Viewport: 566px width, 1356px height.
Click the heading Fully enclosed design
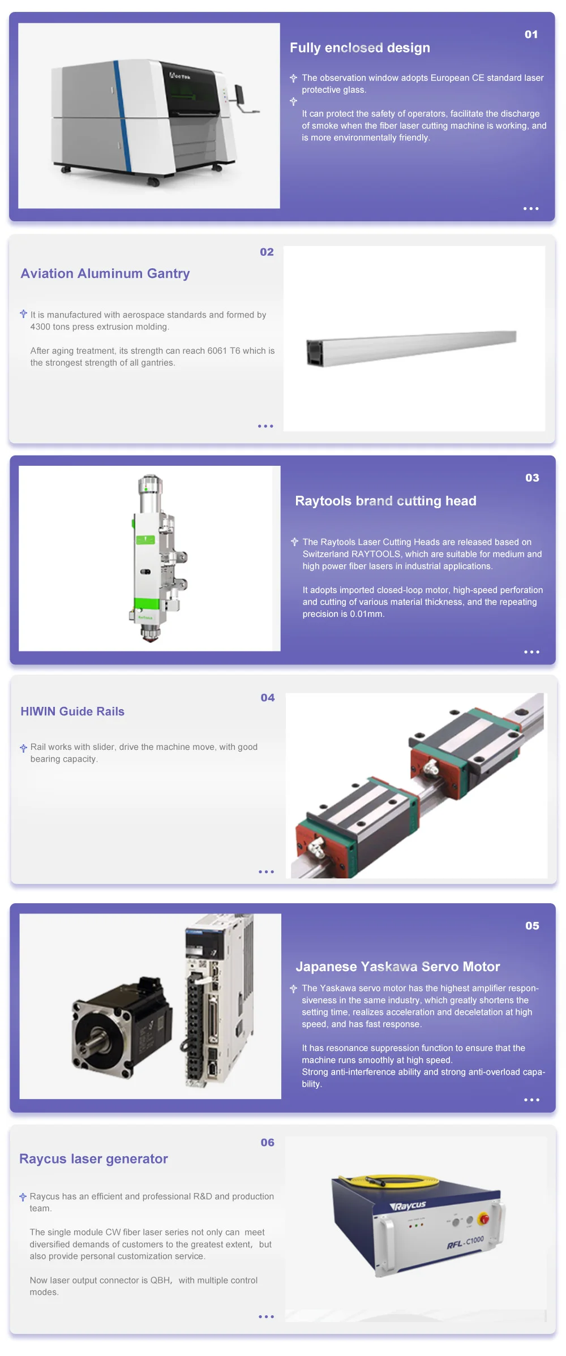(x=360, y=48)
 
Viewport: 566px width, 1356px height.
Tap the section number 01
(x=531, y=35)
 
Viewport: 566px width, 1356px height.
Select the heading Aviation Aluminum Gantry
(x=105, y=273)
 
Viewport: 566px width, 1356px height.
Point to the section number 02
(x=267, y=252)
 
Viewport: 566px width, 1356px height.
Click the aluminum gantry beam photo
(x=411, y=347)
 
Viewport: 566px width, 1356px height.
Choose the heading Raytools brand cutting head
(x=385, y=501)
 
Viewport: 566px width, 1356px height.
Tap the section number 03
(x=532, y=478)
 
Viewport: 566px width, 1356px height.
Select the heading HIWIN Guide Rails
(x=72, y=711)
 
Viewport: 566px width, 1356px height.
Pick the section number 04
(x=268, y=698)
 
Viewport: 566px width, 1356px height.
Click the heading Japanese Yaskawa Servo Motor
(x=398, y=967)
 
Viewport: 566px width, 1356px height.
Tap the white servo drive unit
(x=217, y=1001)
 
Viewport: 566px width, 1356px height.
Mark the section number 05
(x=532, y=926)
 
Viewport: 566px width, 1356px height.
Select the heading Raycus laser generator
(x=93, y=1158)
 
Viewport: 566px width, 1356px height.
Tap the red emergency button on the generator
(x=483, y=1218)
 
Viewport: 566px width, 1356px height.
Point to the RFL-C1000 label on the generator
(x=465, y=1242)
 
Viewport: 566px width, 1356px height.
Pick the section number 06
(x=268, y=1143)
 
